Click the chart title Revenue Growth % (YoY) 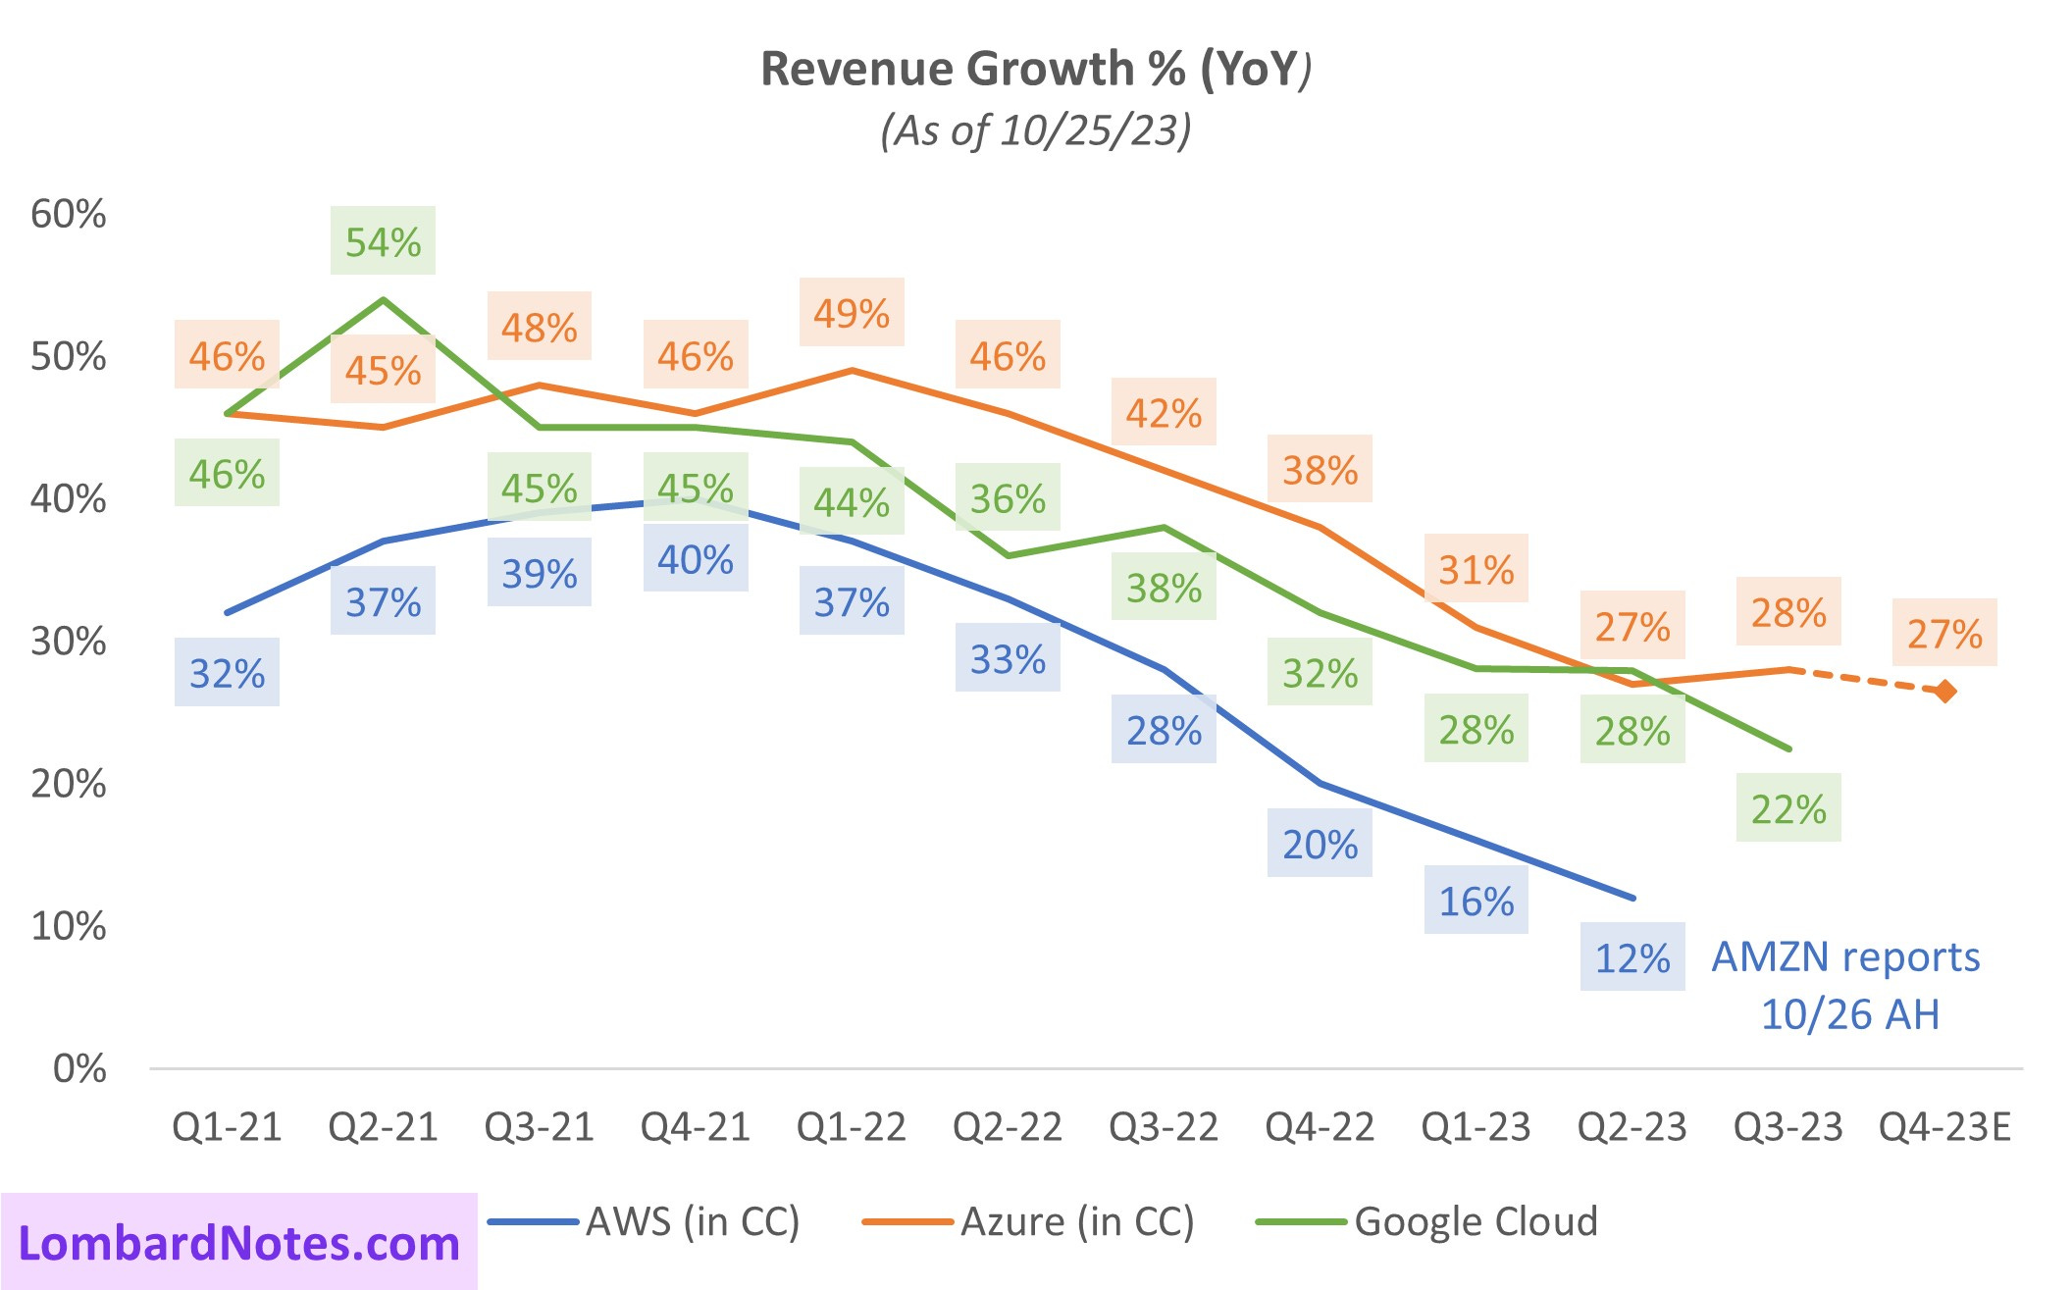[1035, 69]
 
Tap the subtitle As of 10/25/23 [1035, 129]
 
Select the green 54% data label [383, 241]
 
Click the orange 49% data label [852, 313]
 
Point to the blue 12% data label [1632, 957]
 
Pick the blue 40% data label [696, 559]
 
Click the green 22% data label [1788, 808]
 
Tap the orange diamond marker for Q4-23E [1944, 692]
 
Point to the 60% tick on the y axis [69, 214]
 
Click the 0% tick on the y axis [79, 1068]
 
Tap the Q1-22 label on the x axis [852, 1127]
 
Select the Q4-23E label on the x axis [1944, 1127]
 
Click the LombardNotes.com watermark [239, 1243]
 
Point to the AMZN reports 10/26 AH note [1846, 985]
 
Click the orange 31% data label [1476, 569]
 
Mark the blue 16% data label [1476, 901]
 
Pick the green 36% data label [1008, 498]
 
